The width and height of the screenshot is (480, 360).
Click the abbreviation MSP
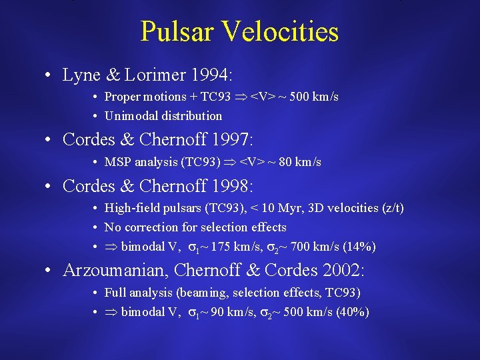(117, 162)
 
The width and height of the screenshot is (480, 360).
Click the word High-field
(129, 208)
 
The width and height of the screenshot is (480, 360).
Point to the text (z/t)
(390, 208)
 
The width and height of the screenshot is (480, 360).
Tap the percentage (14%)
(360, 247)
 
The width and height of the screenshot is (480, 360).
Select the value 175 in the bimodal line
(221, 247)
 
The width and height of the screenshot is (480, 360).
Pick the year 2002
(346, 271)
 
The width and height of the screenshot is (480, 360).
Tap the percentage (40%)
(353, 312)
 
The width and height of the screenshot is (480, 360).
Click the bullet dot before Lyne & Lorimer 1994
(50, 75)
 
